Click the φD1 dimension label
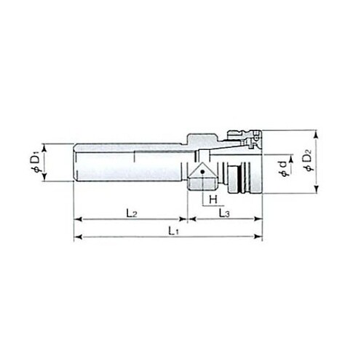pyautogui.click(x=35, y=162)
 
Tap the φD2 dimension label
pyautogui.click(x=309, y=162)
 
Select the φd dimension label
pyautogui.click(x=283, y=169)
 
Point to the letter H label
pyautogui.click(x=213, y=199)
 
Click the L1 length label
pyautogui.click(x=174, y=231)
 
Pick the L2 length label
pyautogui.click(x=132, y=213)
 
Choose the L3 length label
pyautogui.click(x=224, y=213)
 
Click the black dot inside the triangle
pyautogui.click(x=203, y=172)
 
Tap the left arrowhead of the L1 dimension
pyautogui.click(x=78, y=237)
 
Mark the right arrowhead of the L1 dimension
pyautogui.click(x=258, y=237)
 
